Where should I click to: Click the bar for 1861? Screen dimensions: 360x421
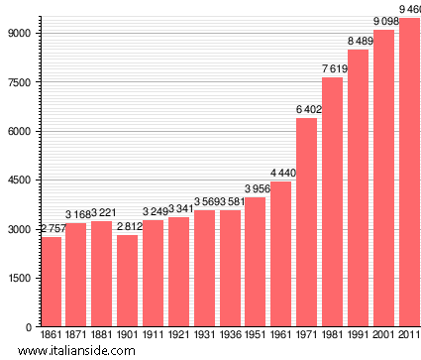(x=51, y=282)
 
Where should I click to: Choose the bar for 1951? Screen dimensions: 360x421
(x=256, y=262)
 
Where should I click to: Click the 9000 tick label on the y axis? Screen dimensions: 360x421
(x=20, y=33)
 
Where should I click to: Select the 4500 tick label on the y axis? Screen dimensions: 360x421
(x=20, y=180)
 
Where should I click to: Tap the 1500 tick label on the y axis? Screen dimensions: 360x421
(x=20, y=278)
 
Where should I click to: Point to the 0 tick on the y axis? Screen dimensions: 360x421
(x=29, y=326)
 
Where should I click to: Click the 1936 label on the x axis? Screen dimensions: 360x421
(x=230, y=336)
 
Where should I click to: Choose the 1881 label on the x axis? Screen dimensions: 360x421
(x=102, y=336)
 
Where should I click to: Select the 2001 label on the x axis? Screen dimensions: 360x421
(x=383, y=336)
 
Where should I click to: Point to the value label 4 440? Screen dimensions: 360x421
(x=281, y=175)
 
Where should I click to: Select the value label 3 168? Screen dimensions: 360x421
(x=76, y=215)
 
